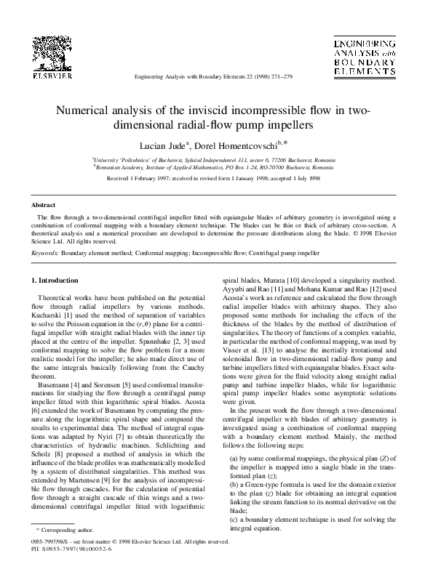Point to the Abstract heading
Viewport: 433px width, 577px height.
[44, 206]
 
